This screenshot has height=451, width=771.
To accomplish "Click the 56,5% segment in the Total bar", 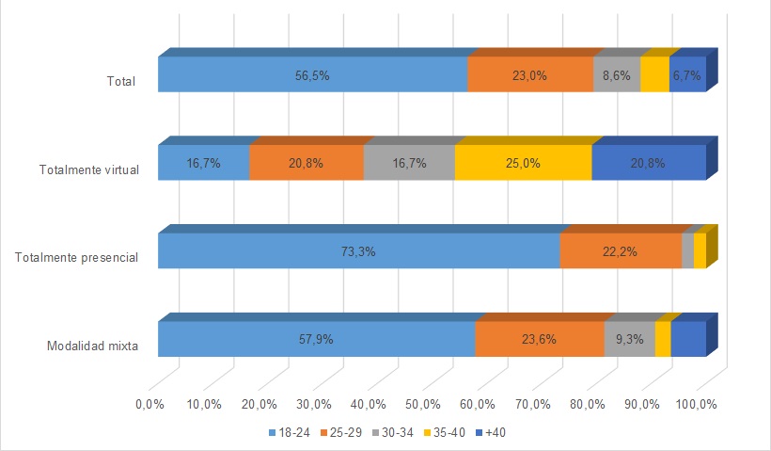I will pos(312,75).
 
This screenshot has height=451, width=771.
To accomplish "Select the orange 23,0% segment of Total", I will pos(530,75).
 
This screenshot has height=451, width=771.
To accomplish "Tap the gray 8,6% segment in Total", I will pos(617,75).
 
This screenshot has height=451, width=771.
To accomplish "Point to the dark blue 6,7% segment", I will pos(687,75).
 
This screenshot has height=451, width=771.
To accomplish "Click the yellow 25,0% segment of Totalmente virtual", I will pos(523,163).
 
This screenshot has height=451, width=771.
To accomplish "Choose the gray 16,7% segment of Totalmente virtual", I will pos(409,163).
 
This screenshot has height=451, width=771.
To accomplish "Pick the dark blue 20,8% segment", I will pos(649,163).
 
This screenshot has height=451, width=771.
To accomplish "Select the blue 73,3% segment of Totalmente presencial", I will pos(358,251).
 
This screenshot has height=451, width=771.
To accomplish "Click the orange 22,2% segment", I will pos(621,251).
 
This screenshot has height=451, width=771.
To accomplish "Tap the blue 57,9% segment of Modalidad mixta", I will pos(316,339).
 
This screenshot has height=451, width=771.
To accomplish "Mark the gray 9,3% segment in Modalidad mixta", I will pos(629,339).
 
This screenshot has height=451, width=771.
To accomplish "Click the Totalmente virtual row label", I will pos(89,170).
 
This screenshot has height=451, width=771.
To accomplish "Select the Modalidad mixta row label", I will pos(93,346).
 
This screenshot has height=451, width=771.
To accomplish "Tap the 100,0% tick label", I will pos(697,405).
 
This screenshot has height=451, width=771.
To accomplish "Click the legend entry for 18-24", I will pos(282,433).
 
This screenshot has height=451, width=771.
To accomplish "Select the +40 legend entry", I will pos(492,433).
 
